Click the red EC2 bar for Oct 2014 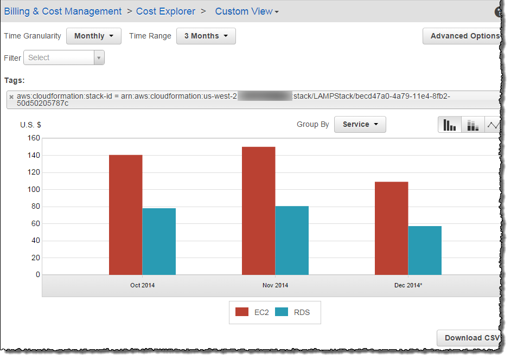(x=125, y=215)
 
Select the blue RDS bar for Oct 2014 (x=159, y=241)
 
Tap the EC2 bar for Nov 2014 (x=258, y=211)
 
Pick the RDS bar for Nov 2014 (x=292, y=240)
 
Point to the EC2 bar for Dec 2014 (x=391, y=228)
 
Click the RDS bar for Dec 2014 (x=425, y=250)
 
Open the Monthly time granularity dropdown (x=94, y=36)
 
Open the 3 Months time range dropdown (x=206, y=36)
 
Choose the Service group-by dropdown (x=360, y=124)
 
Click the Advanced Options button (x=464, y=36)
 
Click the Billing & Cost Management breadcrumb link (x=63, y=11)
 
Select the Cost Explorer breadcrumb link (x=165, y=11)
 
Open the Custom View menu (x=247, y=11)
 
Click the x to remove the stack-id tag (x=11, y=97)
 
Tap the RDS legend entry (x=293, y=312)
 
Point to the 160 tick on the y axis (x=34, y=138)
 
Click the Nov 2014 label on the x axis (x=275, y=285)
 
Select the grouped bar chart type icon (x=450, y=125)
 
